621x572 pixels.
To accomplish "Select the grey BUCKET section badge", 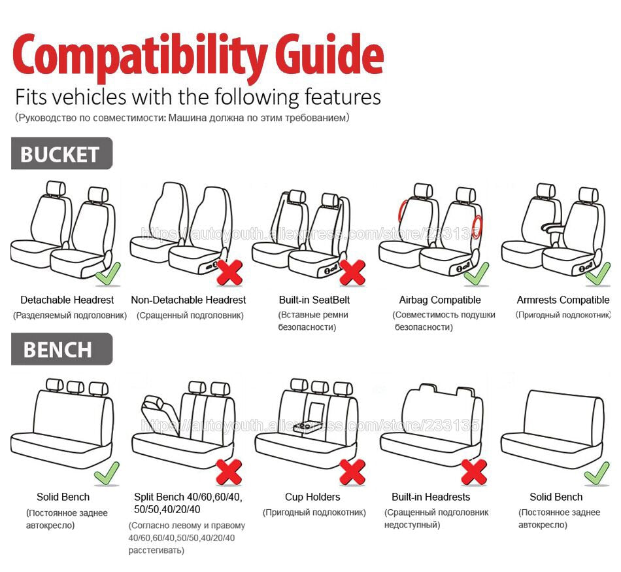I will point(61,154).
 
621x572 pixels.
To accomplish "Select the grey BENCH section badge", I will point(61,349).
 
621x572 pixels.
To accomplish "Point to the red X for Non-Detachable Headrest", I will point(229,272).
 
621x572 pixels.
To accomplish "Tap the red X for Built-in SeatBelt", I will point(352,272).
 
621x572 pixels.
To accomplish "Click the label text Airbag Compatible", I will point(440,300).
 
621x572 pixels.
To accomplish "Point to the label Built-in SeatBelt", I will point(314,300).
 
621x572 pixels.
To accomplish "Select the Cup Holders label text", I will point(312,497).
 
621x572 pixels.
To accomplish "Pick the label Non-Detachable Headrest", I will point(188,300).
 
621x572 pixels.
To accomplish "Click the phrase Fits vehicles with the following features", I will point(197,97).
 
